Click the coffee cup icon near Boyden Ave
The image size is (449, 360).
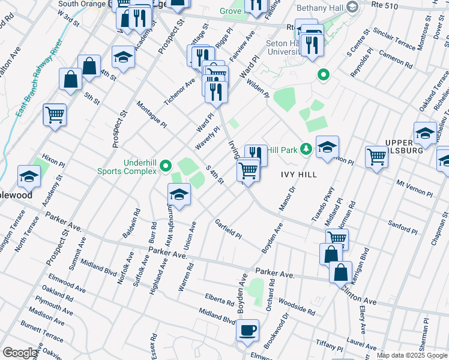point(247,329)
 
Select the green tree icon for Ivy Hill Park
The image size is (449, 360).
point(306,149)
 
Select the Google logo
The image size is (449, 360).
point(20,353)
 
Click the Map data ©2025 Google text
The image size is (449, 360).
point(411,355)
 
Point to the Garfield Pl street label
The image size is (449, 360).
point(228,228)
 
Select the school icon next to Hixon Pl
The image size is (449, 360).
point(29,176)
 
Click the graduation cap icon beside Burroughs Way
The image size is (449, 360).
point(178,194)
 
